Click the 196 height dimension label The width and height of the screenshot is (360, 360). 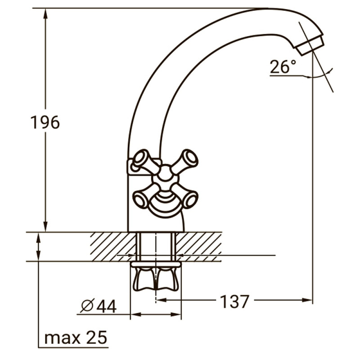click(45, 122)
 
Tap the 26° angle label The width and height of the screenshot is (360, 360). click(283, 67)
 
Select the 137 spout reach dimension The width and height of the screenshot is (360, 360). click(234, 301)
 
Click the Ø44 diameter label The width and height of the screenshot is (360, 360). click(99, 306)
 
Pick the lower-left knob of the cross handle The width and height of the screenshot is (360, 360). click(140, 198)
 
